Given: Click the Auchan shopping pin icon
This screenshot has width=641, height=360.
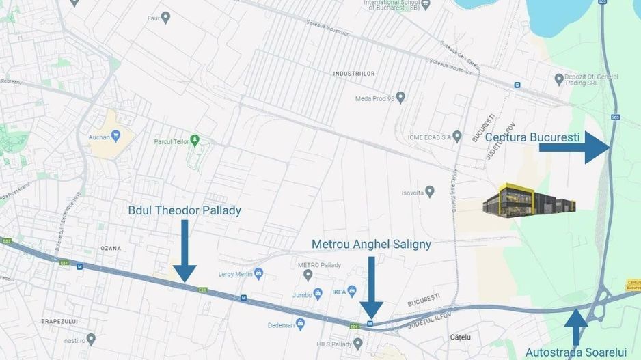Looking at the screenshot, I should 115,135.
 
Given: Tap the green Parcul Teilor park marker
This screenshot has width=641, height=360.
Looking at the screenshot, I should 195,140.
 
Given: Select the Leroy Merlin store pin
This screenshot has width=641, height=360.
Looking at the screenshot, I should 258,273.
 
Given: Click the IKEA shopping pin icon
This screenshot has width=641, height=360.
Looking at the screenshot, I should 352,292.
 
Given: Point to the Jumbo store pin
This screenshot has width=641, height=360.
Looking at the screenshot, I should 318,294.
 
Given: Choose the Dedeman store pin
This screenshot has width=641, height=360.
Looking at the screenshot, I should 300,324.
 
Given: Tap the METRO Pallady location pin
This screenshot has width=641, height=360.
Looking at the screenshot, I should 308,275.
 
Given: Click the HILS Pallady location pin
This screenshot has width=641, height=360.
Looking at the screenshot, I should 358,343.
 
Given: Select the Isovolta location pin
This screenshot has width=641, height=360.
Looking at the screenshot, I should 430,192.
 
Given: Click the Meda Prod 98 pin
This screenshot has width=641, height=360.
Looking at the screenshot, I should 400,98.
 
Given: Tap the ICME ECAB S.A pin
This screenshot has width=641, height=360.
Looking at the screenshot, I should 457,136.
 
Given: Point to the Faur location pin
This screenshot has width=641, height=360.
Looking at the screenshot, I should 165,16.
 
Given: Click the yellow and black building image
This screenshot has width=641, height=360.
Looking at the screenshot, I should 529,199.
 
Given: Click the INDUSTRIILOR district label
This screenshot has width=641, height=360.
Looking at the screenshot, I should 353,72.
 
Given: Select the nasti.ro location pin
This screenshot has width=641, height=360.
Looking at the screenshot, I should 91,338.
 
